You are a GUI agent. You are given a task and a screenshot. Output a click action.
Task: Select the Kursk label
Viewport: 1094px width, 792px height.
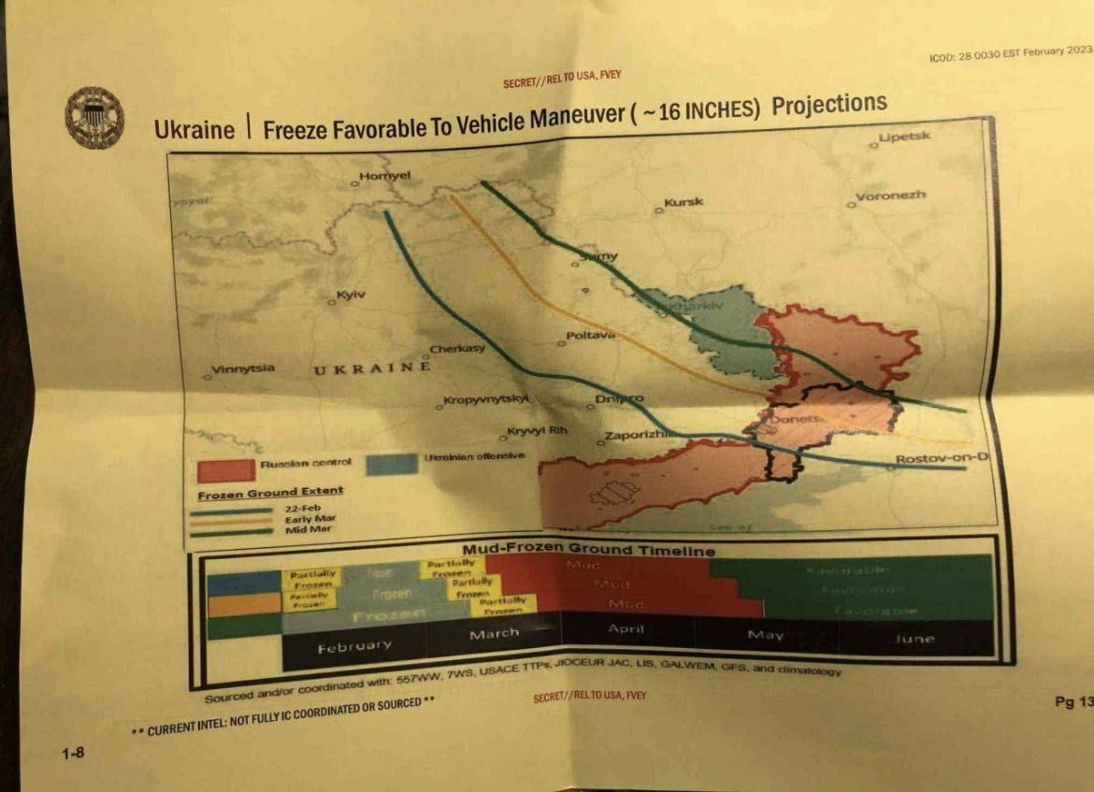click(x=684, y=202)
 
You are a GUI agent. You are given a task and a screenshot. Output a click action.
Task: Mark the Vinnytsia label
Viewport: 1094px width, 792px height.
click(x=243, y=369)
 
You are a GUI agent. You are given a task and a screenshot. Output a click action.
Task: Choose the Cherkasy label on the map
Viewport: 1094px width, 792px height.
click(x=457, y=350)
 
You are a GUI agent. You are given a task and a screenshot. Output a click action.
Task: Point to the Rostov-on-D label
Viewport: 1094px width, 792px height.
click(x=941, y=458)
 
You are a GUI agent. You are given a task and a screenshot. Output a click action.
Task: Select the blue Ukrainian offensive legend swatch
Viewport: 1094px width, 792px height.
click(x=392, y=463)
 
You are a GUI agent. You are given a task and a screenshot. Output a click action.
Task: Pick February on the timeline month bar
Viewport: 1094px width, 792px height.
click(x=354, y=645)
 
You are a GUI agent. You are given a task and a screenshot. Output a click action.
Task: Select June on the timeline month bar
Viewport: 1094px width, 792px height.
click(x=914, y=639)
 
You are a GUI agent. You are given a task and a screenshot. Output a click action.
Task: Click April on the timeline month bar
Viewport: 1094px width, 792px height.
click(x=626, y=629)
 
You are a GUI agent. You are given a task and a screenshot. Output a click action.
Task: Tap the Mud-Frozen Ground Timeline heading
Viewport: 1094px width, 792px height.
click(x=588, y=550)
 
